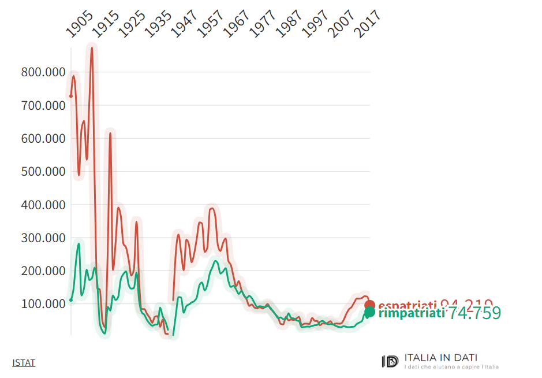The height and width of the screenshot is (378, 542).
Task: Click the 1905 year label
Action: click(80, 26)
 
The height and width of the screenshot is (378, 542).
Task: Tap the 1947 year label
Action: click(184, 26)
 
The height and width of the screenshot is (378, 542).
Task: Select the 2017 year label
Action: click(367, 26)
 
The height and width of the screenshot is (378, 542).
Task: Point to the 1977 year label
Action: click(263, 26)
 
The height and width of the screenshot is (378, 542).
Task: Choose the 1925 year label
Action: click(132, 26)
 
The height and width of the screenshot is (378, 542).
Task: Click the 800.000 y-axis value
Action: click(42, 73)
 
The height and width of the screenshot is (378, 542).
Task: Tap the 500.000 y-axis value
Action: click(42, 172)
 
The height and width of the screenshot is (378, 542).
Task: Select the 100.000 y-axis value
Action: click(42, 304)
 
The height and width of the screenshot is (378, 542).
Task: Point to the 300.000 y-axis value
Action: click(42, 238)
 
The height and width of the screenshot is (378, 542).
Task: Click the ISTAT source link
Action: click(24, 363)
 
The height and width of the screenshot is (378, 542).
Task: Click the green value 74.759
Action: click(475, 313)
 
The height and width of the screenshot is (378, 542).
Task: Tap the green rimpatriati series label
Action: click(411, 313)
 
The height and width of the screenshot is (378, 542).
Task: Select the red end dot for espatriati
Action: click(370, 305)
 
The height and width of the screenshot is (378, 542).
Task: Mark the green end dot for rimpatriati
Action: click(369, 313)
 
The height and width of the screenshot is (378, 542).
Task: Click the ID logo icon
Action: click(390, 361)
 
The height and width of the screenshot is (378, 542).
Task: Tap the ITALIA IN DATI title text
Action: click(441, 358)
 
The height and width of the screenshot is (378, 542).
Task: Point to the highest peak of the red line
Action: click(91, 48)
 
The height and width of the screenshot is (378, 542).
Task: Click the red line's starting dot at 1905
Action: click(71, 96)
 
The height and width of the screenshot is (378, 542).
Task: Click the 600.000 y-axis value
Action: click(42, 139)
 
